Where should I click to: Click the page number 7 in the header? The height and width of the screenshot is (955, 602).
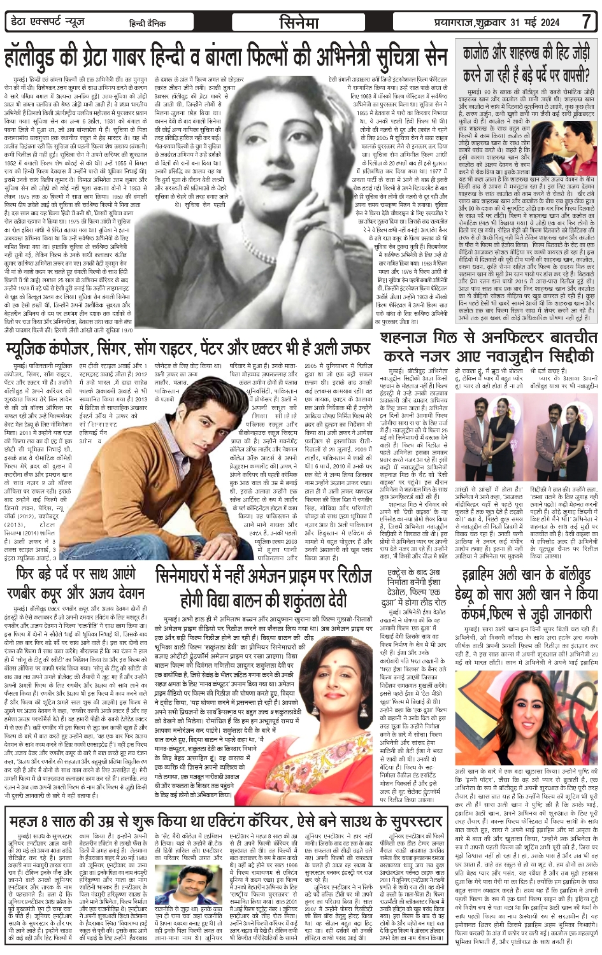pyautogui.click(x=586, y=21)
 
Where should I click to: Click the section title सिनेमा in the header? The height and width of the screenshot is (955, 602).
pyautogui.click(x=299, y=22)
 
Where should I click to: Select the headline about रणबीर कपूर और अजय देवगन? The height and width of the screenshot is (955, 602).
pyautogui.click(x=75, y=584)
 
